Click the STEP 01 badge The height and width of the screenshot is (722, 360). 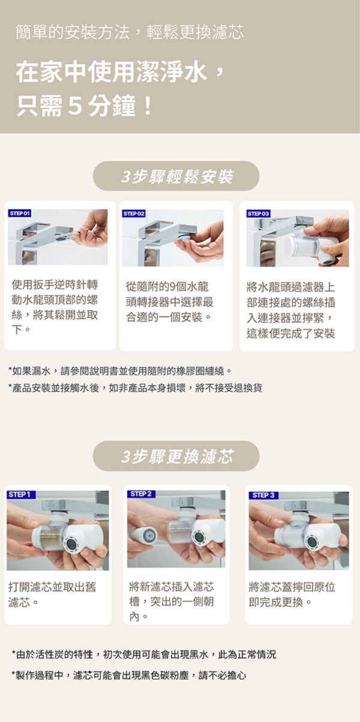point(20,213)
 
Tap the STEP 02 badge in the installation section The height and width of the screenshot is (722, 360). point(134,213)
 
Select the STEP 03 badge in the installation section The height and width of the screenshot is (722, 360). point(259,213)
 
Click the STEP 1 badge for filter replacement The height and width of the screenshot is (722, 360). point(20,495)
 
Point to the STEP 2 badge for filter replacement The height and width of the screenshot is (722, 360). point(141,494)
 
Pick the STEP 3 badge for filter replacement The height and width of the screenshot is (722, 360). point(263,495)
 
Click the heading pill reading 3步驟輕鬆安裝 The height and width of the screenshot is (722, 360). point(176,176)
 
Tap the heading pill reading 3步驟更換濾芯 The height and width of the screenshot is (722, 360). point(176,456)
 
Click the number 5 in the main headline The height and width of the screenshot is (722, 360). point(75,107)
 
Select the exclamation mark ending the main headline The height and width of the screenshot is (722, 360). point(148,107)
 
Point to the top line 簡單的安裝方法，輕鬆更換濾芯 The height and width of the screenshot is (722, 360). point(130,32)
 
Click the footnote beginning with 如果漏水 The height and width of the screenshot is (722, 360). point(119,371)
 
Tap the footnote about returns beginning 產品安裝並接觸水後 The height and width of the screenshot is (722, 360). point(136,388)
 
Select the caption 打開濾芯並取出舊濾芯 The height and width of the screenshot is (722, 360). point(52,594)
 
